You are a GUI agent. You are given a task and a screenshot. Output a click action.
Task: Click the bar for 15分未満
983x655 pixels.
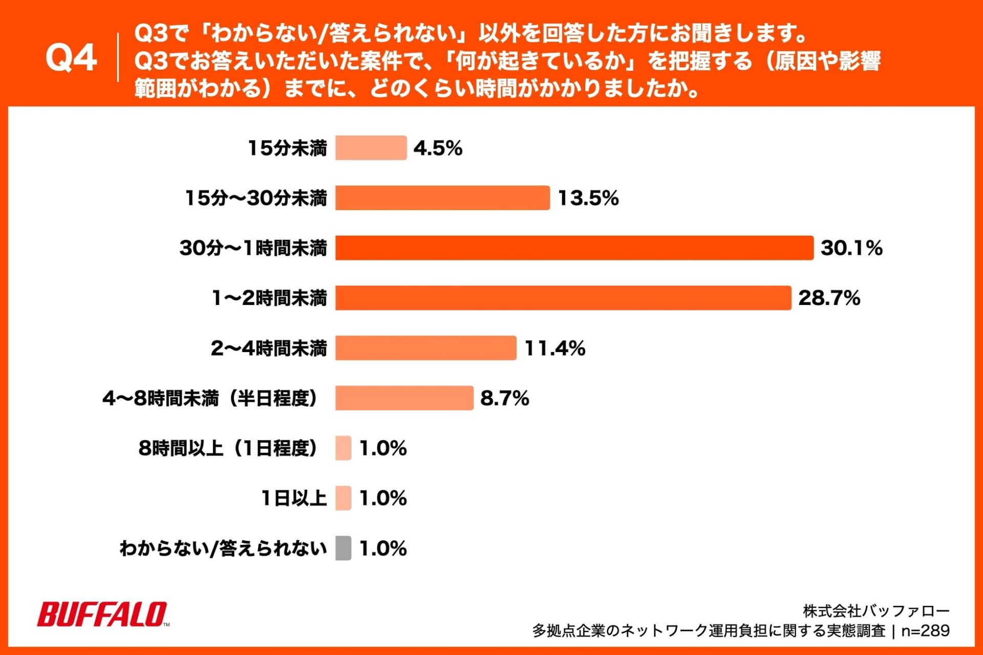[371, 148]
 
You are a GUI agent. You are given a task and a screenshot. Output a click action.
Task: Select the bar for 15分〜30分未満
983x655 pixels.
[442, 198]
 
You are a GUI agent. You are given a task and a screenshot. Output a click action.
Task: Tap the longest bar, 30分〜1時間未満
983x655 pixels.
[574, 248]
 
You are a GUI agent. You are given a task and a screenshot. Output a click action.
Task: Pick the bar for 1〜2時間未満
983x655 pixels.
[563, 298]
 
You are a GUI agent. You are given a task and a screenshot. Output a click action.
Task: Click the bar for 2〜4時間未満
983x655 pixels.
[425, 348]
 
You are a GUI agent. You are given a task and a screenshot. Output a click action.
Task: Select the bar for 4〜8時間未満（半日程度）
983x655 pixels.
[404, 398]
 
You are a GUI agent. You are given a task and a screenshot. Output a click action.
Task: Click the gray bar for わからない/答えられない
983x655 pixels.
[343, 548]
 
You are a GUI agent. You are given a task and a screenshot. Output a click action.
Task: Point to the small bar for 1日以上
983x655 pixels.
[343, 498]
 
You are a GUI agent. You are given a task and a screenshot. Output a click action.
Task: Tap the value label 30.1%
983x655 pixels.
[851, 248]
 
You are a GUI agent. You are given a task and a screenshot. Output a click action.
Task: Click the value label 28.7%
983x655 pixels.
[829, 298]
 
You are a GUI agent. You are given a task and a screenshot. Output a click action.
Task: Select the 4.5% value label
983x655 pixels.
[438, 148]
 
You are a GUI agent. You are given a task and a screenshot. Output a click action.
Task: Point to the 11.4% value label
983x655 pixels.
[555, 348]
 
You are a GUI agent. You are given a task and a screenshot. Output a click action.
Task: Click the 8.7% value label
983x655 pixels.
[504, 398]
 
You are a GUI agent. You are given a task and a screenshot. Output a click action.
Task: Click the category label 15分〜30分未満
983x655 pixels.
[255, 198]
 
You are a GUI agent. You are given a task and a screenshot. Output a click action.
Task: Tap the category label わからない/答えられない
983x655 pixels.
[223, 549]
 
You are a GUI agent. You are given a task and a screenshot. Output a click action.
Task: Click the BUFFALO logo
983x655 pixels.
[102, 614]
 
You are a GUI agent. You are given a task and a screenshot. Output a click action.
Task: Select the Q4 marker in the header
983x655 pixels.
[71, 58]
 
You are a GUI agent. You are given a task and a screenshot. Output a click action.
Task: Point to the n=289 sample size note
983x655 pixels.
[925, 630]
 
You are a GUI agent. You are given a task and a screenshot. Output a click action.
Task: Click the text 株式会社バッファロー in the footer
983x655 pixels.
[876, 610]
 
